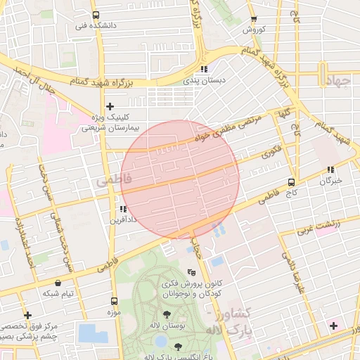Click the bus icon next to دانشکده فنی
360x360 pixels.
[x=96, y=15]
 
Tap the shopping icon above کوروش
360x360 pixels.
[x=252, y=19]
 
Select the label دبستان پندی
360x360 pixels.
[x=204, y=81]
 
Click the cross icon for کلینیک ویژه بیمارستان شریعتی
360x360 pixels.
[x=110, y=106]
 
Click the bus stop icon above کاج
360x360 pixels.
[x=291, y=182]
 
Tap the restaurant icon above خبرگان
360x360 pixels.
[x=330, y=170]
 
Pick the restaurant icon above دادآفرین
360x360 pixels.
[x=123, y=209]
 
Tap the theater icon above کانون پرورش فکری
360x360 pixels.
[x=191, y=272]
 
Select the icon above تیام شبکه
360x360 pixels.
[x=57, y=283]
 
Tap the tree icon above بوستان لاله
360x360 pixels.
[x=167, y=315]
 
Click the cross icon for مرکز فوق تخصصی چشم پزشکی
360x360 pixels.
[x=27, y=316]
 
